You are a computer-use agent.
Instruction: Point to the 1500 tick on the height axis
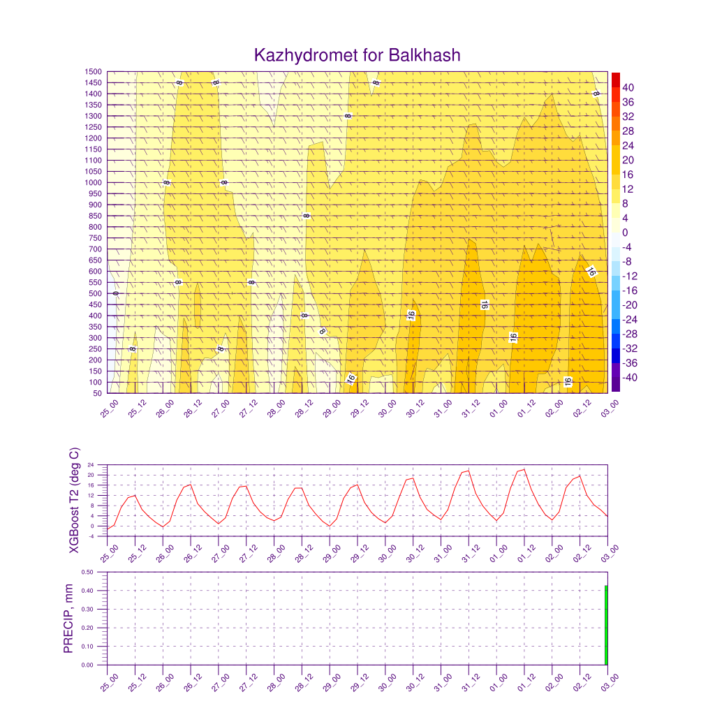[x=94, y=72]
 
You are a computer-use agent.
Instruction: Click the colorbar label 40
[x=629, y=87]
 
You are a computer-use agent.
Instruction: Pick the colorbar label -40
[x=630, y=378]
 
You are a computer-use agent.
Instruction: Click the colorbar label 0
[x=626, y=233]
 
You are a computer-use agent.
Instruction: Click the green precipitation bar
[x=605, y=626]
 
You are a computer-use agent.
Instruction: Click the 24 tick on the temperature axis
[x=91, y=465]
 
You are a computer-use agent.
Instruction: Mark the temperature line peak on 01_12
[x=523, y=469]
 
